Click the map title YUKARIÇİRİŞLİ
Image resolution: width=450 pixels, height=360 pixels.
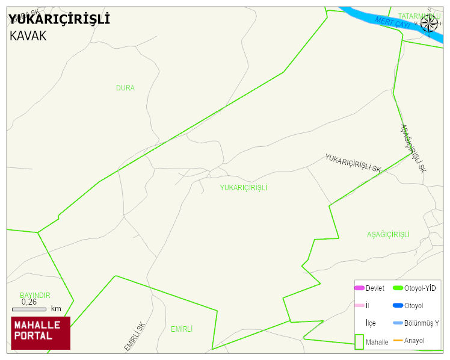pyautogui.click(x=59, y=19)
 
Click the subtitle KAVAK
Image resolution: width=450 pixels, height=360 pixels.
pyautogui.click(x=28, y=36)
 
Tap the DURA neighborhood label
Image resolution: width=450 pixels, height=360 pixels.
pyautogui.click(x=125, y=88)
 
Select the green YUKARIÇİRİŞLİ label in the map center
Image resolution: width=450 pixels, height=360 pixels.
pyautogui.click(x=243, y=188)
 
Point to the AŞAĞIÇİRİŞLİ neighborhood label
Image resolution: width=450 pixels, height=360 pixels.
pyautogui.click(x=388, y=234)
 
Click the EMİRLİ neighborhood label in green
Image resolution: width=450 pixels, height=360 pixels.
pyautogui.click(x=182, y=329)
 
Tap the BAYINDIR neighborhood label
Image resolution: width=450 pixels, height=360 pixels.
pyautogui.click(x=35, y=296)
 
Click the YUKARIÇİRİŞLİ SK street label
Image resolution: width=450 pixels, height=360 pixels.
pyautogui.click(x=353, y=163)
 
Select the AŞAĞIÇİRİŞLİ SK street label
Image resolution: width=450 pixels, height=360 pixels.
pyautogui.click(x=413, y=149)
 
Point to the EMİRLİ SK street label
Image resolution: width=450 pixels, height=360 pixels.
pyautogui.click(x=135, y=336)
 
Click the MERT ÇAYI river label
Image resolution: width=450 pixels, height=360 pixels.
pyautogui.click(x=392, y=22)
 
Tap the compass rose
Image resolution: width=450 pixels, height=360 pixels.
pyautogui.click(x=430, y=23)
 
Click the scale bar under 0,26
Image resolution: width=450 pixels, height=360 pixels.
pyautogui.click(x=29, y=309)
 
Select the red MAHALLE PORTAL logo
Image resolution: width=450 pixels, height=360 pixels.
pyautogui.click(x=41, y=333)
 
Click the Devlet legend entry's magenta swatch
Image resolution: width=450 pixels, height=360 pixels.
pyautogui.click(x=359, y=288)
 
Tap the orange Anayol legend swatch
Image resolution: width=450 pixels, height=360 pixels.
pyautogui.click(x=398, y=341)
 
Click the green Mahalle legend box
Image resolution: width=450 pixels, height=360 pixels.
pyautogui.click(x=359, y=341)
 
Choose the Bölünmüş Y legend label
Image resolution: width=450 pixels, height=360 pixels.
pyautogui.click(x=422, y=323)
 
